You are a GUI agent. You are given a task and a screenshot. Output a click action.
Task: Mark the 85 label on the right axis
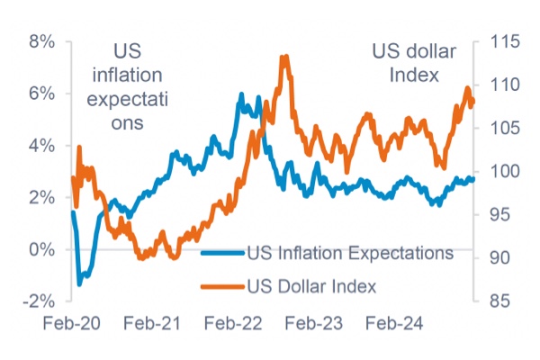[497, 301]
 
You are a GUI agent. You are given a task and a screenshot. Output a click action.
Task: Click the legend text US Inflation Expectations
[349, 253]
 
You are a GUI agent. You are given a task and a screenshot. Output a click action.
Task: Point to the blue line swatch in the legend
[221, 253]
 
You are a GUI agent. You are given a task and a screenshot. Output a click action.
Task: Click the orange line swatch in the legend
[221, 286]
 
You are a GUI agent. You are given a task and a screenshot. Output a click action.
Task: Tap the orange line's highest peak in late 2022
[284, 57]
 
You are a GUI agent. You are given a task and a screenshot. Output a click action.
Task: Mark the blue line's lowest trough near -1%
[79, 283]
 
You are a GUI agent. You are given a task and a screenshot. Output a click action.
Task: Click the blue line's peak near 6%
[241, 94]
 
